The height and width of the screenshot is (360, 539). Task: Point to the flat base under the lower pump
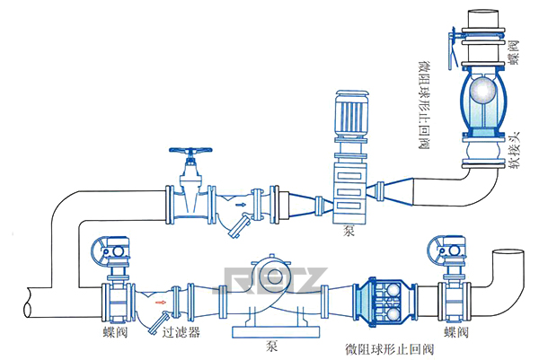(274, 331)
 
